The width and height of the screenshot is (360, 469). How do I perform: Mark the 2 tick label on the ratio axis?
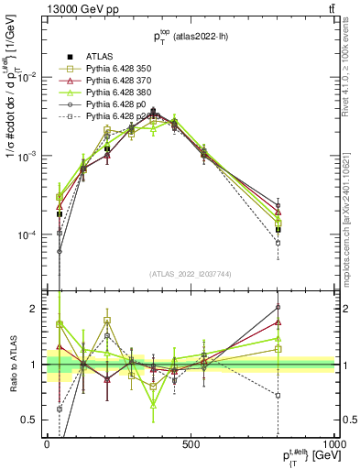tap(37, 309)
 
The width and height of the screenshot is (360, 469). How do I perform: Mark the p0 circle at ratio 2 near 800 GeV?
tap(278, 307)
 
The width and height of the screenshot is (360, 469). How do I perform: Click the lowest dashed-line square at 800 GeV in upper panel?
tap(278, 243)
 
